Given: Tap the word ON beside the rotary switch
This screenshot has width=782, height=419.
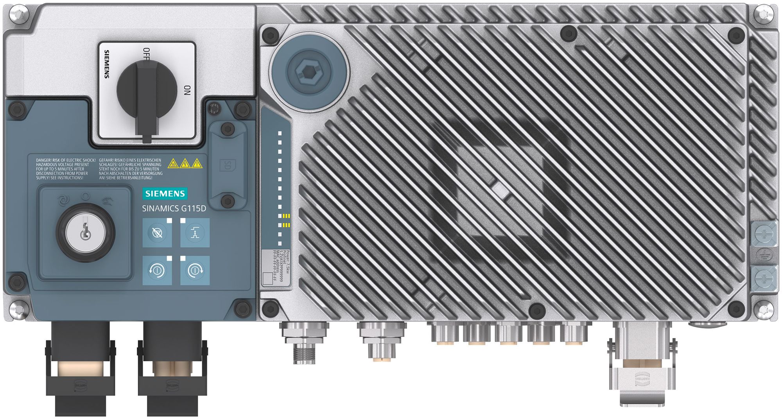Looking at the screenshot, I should [187, 90].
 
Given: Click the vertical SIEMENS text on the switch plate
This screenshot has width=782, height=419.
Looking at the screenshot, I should [106, 64].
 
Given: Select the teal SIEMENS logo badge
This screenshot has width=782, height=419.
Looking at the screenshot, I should [165, 193].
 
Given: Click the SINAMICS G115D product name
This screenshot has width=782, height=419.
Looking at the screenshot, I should [174, 208].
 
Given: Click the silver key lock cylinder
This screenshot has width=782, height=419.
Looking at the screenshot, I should [85, 232].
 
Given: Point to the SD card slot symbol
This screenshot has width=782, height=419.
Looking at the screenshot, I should [226, 165].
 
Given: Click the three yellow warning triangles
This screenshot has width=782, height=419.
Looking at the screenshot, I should [185, 163].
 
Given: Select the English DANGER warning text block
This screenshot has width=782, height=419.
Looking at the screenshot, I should [65, 169].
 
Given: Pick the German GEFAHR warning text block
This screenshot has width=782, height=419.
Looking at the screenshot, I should [130, 169].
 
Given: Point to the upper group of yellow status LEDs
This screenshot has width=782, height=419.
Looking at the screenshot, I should [286, 216].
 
